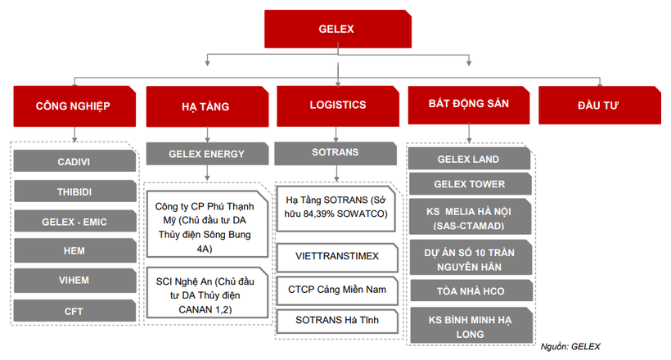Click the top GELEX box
point(335,29)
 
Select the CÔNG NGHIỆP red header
point(74,106)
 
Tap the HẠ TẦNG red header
point(205,106)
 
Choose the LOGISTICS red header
point(337,105)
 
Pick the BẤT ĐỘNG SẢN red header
point(469,105)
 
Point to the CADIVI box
point(74,161)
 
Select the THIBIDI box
point(74,191)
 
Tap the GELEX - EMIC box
point(74,222)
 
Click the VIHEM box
point(74,281)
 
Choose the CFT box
point(74,311)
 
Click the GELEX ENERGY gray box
point(206,153)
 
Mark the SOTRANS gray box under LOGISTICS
point(335,152)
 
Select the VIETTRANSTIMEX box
point(337,256)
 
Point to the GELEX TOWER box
point(469,184)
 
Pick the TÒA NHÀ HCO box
point(469,290)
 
